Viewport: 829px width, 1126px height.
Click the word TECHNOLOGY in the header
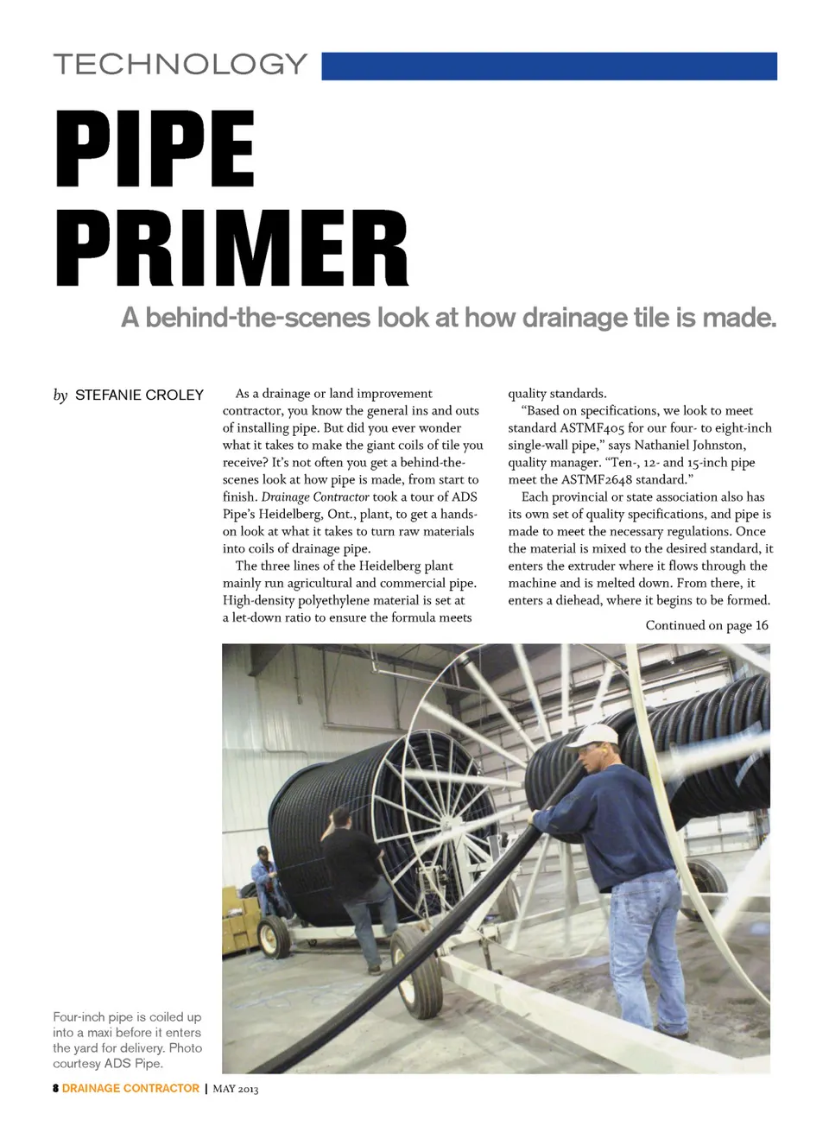(x=180, y=65)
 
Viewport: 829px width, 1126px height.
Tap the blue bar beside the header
(x=549, y=66)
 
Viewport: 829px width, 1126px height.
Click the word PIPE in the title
(x=155, y=149)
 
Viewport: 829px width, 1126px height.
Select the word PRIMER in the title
(x=231, y=249)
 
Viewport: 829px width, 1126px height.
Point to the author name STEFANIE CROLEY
(x=139, y=395)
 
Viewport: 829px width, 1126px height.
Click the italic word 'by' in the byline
(x=60, y=395)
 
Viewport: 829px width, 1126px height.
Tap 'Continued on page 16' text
(x=706, y=625)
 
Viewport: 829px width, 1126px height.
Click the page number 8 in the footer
(x=56, y=1088)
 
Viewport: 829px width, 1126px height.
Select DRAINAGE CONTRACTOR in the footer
(x=130, y=1088)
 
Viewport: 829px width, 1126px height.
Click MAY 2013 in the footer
(x=236, y=1089)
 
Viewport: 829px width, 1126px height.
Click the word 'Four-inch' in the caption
(x=81, y=1017)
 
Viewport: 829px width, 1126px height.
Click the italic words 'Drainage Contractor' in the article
(x=314, y=497)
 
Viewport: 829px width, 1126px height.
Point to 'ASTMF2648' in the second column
(x=597, y=480)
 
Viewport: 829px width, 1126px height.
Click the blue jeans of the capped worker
(x=648, y=941)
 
